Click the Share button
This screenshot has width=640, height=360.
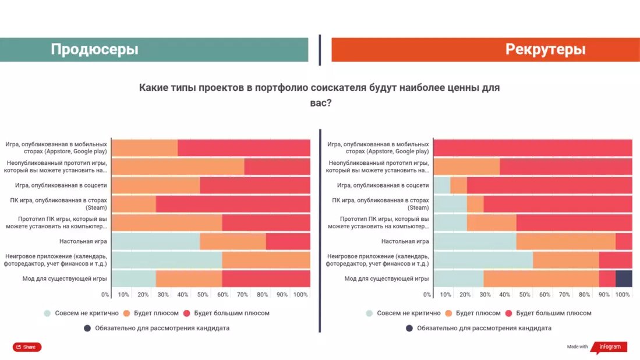coord(27,347)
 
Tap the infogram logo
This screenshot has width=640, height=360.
coord(609,347)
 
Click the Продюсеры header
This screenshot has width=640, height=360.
coord(94,50)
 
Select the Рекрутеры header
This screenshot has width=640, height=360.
coord(545,50)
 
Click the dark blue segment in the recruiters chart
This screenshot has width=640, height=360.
coord(624,278)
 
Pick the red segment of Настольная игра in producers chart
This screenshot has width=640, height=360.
coord(288,241)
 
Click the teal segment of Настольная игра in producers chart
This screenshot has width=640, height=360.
coord(155,241)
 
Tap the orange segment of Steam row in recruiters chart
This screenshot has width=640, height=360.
coord(475,204)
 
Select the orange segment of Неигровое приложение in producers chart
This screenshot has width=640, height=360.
coord(266,260)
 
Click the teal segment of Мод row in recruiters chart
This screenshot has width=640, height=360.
coord(458,278)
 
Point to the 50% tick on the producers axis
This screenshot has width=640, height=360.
coord(202,295)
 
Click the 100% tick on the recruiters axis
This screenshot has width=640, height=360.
coord(622,295)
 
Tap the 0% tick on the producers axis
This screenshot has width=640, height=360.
coord(105,295)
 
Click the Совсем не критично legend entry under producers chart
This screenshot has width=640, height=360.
coord(86,313)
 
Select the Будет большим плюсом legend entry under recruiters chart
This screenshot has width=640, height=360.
coord(553,313)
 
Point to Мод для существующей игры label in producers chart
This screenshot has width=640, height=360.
coord(64,278)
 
